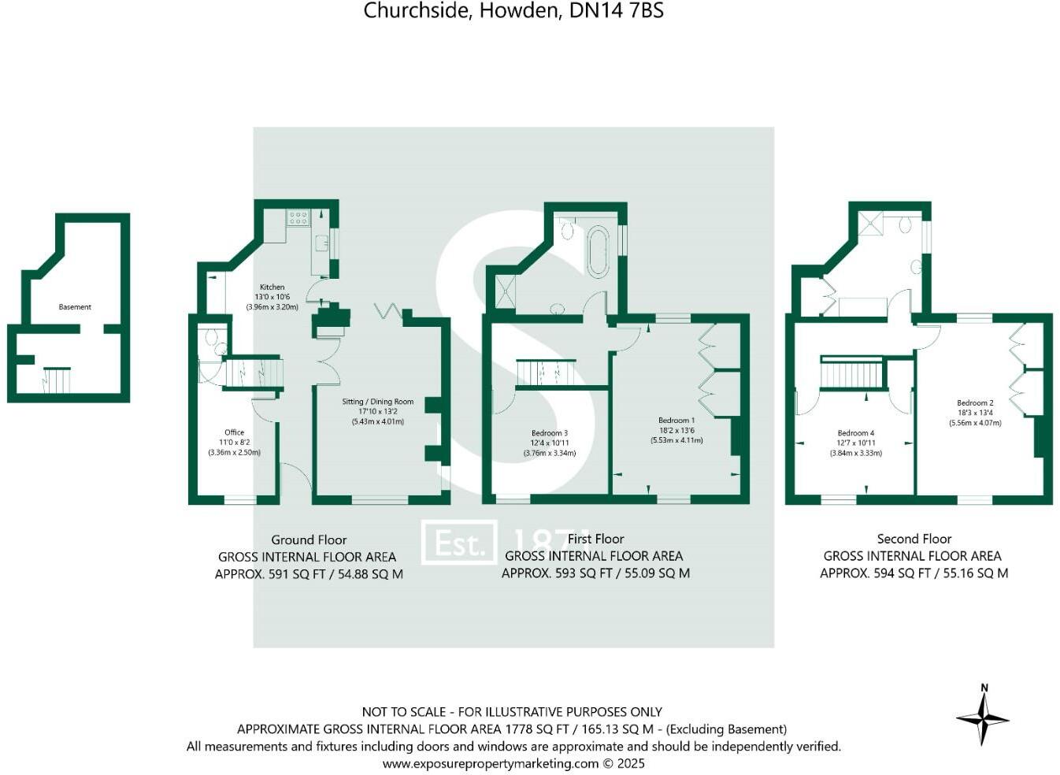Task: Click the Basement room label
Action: (x=75, y=307)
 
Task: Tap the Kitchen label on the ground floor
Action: (x=272, y=287)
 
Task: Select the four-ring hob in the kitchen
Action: (x=298, y=217)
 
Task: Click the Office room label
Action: (x=234, y=432)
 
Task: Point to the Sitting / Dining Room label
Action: (x=377, y=402)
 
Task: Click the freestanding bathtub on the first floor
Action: (x=598, y=252)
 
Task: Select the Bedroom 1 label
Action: (x=676, y=421)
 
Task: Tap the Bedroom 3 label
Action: (x=549, y=433)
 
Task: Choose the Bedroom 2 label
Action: (x=975, y=402)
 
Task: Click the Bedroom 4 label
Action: (x=855, y=433)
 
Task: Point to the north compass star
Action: (x=983, y=718)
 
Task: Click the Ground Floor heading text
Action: (x=309, y=540)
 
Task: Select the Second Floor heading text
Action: (x=914, y=539)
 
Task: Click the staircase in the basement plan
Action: (x=56, y=380)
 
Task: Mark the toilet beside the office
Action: (x=211, y=339)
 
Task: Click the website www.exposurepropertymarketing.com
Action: (x=491, y=763)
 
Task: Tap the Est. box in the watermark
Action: (x=459, y=543)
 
